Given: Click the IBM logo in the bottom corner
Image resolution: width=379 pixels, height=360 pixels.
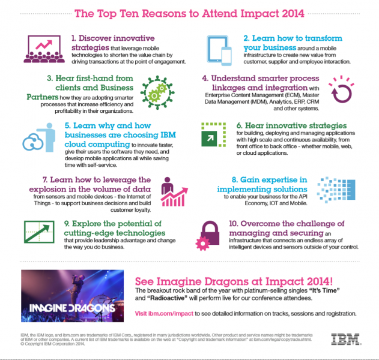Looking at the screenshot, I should pyautogui.click(x=349, y=340).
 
